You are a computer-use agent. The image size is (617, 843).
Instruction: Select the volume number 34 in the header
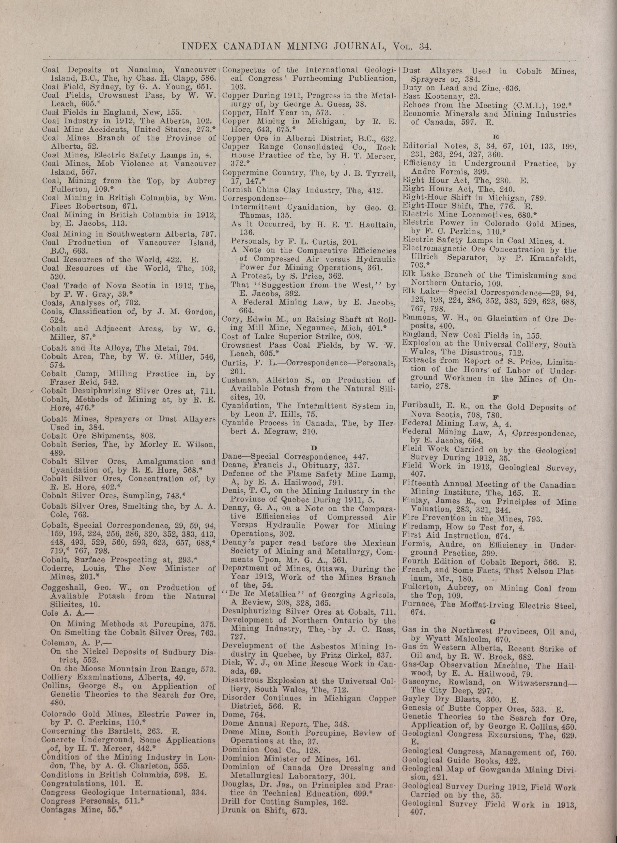tap(425, 46)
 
